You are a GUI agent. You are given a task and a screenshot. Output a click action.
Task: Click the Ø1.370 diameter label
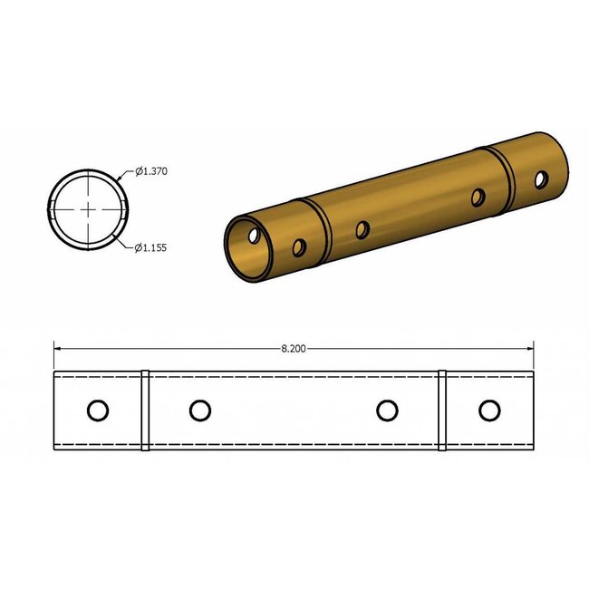click(x=153, y=171)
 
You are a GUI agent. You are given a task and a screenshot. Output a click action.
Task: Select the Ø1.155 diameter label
click(x=153, y=247)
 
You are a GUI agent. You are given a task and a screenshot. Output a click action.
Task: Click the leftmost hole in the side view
click(x=98, y=410)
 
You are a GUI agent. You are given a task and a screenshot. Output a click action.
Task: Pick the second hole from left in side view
click(x=200, y=410)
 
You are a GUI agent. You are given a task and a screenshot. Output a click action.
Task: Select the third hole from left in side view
click(x=388, y=410)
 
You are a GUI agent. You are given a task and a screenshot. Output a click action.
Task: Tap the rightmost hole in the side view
click(x=490, y=410)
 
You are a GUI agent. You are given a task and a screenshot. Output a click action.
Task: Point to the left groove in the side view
click(x=145, y=410)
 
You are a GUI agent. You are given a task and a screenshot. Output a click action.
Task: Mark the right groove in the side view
click(x=443, y=410)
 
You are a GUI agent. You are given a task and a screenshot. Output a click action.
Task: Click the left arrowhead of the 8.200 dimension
click(x=58, y=347)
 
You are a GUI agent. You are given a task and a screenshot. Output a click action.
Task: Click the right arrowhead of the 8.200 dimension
click(x=531, y=347)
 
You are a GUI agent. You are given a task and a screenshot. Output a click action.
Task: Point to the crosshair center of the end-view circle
click(x=87, y=209)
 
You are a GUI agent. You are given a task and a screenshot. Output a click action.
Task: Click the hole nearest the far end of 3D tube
click(x=541, y=180)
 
